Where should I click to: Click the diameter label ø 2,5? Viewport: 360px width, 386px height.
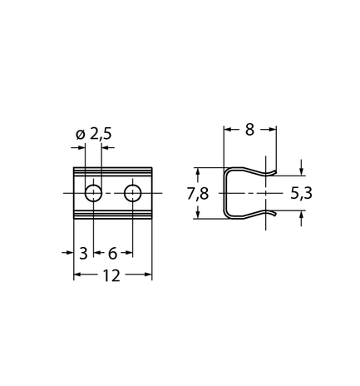point(94,134)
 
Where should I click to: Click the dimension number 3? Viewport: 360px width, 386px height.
point(83,253)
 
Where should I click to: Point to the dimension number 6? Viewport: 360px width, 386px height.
point(112,253)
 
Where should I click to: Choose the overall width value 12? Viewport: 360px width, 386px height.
point(112,275)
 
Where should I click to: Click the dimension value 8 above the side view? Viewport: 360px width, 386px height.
point(249,130)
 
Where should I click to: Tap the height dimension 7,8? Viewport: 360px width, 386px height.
point(198,194)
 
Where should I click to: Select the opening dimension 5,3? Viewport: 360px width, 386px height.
point(301,194)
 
